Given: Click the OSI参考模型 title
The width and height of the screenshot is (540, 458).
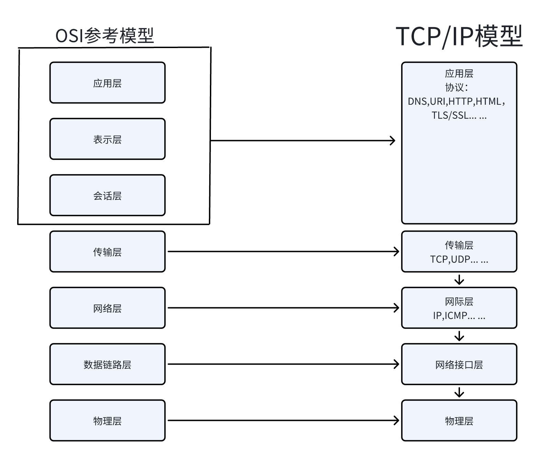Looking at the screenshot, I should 104,35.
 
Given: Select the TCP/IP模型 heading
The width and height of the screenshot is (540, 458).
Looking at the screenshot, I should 459,36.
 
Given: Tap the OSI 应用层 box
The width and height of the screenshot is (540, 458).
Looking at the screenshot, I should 107,83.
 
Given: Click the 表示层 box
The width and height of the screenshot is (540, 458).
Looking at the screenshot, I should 107,139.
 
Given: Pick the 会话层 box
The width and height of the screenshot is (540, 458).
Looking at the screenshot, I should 107,195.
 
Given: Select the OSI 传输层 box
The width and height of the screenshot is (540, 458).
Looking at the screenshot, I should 107,252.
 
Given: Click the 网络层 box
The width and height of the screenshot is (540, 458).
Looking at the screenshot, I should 107,308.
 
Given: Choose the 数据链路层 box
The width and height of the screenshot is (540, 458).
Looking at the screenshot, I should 107,364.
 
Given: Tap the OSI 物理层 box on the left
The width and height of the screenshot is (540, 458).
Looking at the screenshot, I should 107,421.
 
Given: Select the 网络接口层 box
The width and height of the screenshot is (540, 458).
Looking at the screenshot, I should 459,364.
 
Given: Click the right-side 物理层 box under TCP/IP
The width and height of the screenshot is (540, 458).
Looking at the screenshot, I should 459,421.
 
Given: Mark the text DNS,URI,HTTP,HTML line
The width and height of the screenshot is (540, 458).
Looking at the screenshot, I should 456,101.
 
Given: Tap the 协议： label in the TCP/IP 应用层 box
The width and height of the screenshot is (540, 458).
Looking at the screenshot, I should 456,87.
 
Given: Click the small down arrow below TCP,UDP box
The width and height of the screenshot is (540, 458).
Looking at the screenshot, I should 459,280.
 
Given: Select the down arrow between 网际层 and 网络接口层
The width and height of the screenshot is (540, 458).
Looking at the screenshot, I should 459,336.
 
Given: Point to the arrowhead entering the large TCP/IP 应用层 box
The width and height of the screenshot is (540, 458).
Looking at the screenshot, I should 393,140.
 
